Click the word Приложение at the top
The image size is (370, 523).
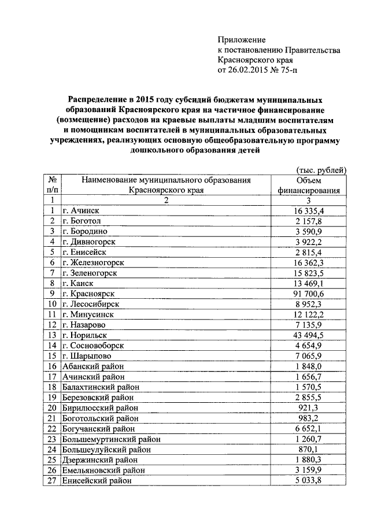241,40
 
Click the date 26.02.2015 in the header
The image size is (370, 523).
250,71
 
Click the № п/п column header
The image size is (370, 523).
52,185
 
